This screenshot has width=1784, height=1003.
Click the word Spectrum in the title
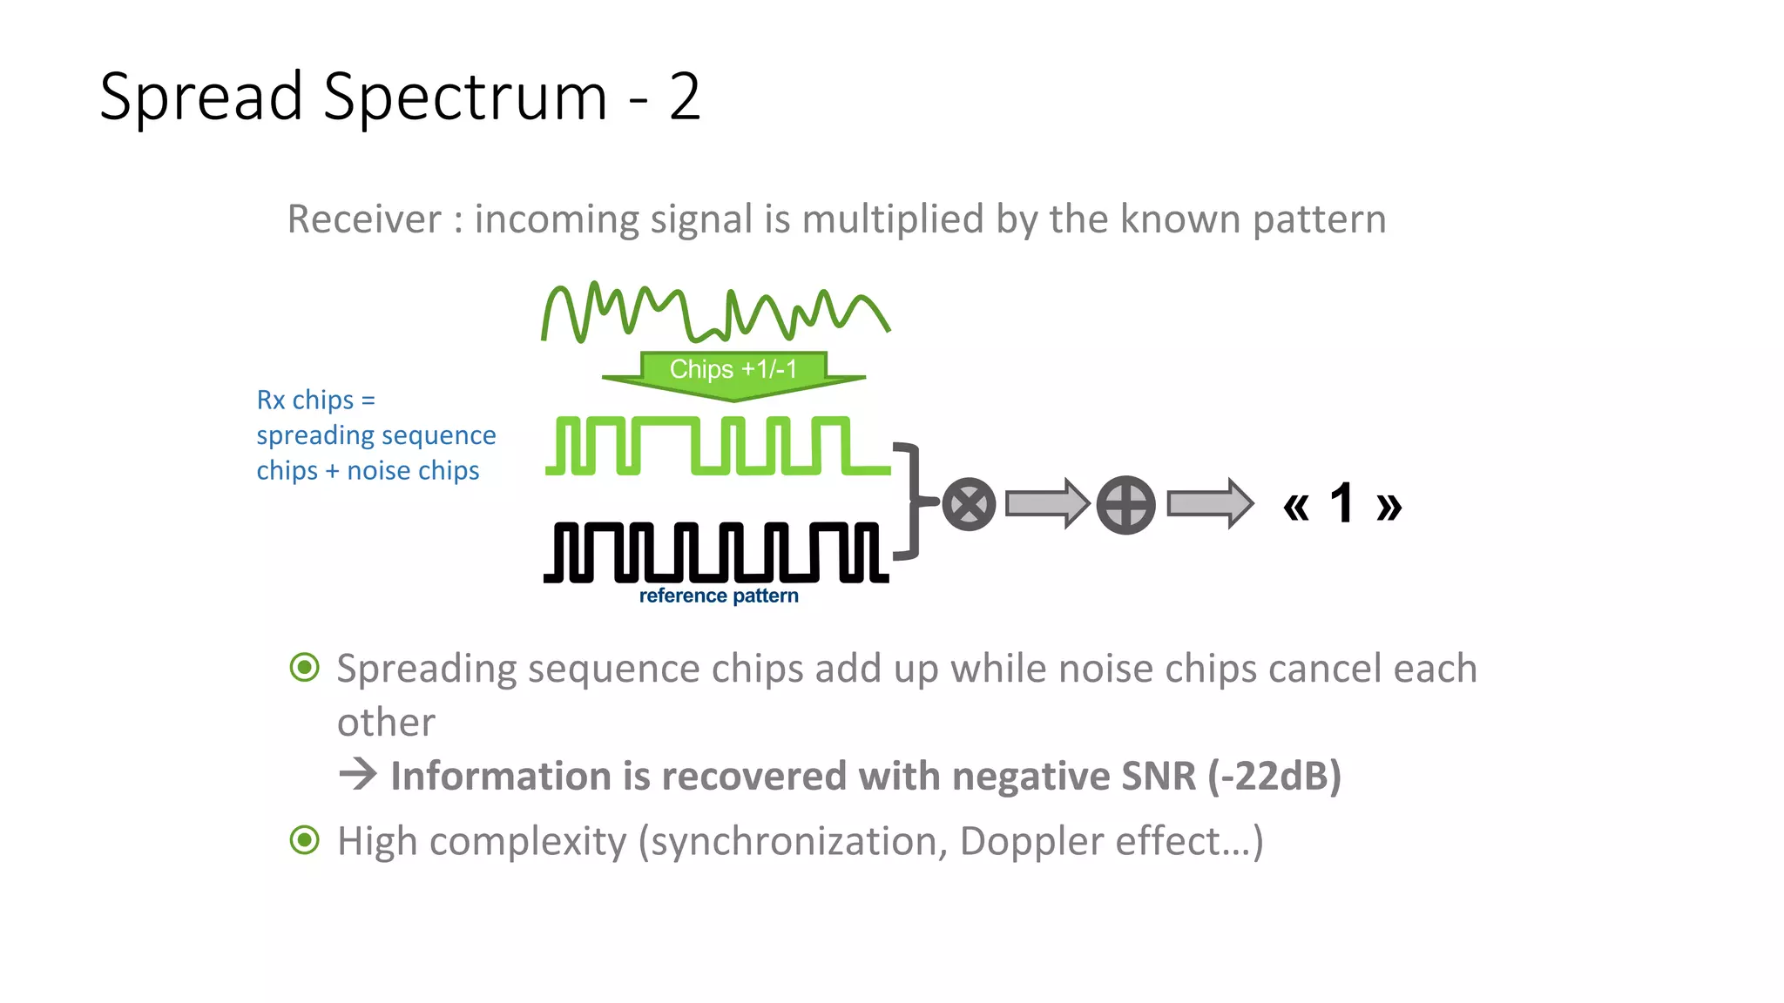click(x=465, y=98)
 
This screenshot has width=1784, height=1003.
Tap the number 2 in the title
click(x=685, y=98)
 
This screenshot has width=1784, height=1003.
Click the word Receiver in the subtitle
click(x=364, y=219)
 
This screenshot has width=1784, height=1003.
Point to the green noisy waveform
click(x=714, y=313)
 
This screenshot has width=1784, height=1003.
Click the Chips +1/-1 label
click(x=733, y=369)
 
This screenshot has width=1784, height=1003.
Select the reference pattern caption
click(x=719, y=596)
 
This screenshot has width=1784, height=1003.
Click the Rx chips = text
click(x=315, y=400)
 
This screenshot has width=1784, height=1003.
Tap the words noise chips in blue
click(x=413, y=471)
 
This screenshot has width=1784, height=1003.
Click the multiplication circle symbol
click(x=969, y=504)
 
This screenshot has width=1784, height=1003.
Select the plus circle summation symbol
click(x=1125, y=505)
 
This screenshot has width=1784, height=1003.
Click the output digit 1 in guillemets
click(x=1341, y=503)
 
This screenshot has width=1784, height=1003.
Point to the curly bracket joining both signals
click(x=911, y=501)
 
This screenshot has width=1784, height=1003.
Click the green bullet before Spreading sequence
click(x=304, y=668)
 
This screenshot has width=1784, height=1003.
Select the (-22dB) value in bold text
click(x=1274, y=776)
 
